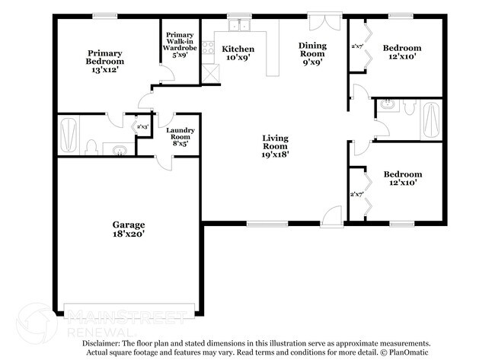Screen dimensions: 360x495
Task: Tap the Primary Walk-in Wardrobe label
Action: pos(180,45)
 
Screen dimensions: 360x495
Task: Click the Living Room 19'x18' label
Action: pos(275,145)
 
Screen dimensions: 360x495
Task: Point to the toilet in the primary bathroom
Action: pos(91,147)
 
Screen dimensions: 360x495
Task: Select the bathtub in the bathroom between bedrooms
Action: pos(430,120)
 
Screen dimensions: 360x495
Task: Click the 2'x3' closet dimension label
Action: pos(142,126)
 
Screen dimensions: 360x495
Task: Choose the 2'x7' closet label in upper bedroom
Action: pos(356,46)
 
